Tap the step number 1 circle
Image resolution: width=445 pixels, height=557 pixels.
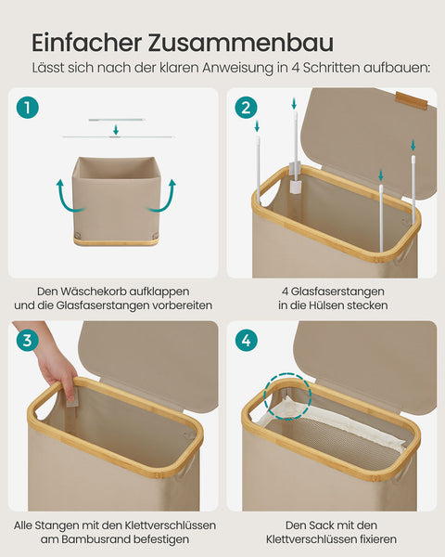(x=28, y=108)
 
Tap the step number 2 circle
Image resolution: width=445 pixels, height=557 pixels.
(x=246, y=108)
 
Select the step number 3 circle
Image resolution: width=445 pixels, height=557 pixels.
(x=28, y=341)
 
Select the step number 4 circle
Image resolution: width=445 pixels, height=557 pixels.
(x=246, y=341)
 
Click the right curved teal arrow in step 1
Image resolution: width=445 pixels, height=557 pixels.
(x=167, y=196)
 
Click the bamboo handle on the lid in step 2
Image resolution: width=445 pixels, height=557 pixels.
(x=411, y=99)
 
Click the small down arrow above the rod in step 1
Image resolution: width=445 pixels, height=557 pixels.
(x=115, y=130)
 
